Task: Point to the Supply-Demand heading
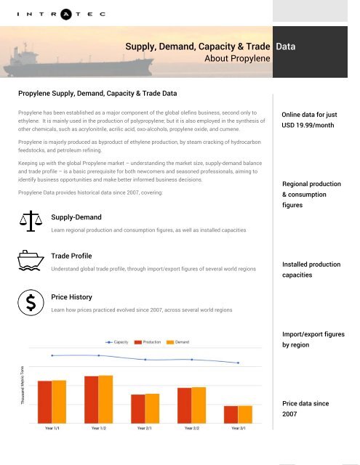tap(76, 217)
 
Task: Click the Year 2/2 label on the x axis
tap(192, 429)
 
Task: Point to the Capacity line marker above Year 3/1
tap(239, 363)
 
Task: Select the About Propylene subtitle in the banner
tap(238, 58)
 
